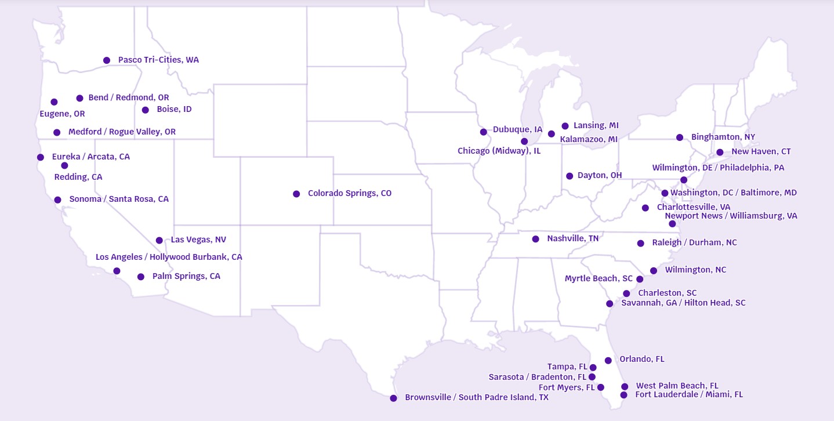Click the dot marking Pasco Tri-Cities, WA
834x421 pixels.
pos(107,60)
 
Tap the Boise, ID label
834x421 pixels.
pos(174,109)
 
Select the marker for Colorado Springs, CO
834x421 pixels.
pos(296,194)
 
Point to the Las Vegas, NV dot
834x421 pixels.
pos(159,240)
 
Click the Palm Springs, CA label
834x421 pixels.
pos(186,276)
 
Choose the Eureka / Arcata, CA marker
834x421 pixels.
pos(41,157)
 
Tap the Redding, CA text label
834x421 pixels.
pos(78,177)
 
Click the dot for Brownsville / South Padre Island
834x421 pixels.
pos(393,398)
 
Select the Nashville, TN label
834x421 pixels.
pos(572,238)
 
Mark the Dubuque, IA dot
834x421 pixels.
pos(484,132)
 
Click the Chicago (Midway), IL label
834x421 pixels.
pos(499,151)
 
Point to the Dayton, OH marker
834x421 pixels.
pos(570,176)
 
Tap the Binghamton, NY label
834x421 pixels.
pos(723,137)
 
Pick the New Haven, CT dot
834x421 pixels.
pos(720,153)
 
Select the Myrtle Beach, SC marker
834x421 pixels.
pos(640,279)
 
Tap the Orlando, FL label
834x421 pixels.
pos(641,359)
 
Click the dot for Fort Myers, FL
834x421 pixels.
pos(601,387)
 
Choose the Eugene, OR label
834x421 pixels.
pos(62,114)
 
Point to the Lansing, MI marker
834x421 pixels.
pos(565,126)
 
